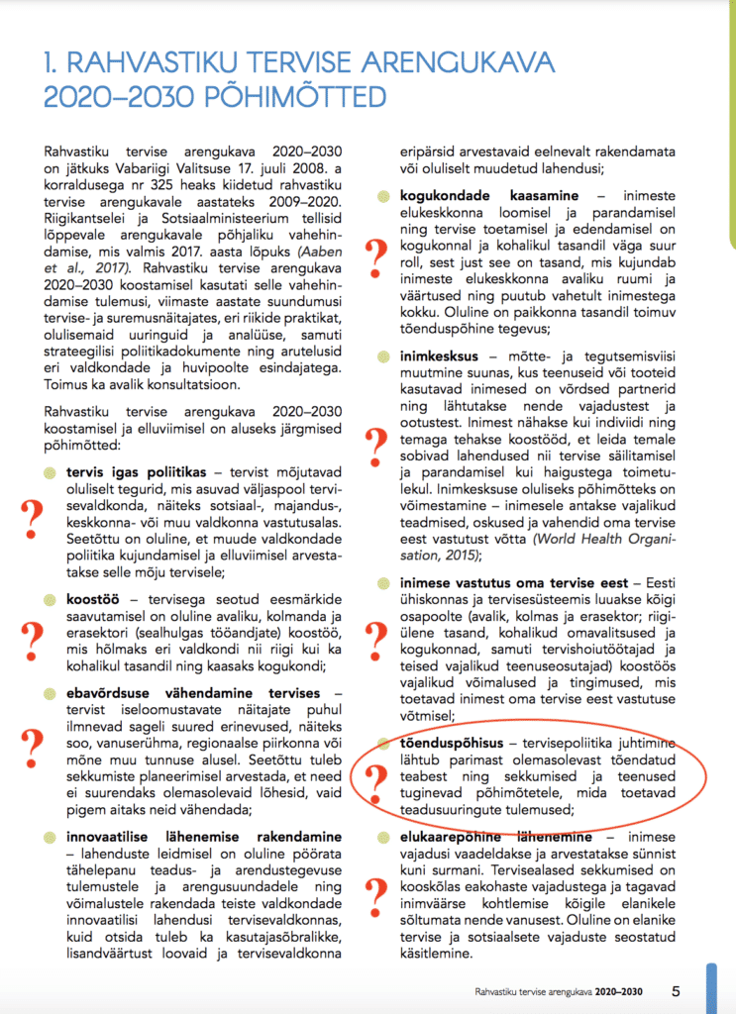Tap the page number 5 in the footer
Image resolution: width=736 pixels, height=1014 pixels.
coord(676,989)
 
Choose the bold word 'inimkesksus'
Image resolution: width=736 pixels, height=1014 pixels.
coord(439,355)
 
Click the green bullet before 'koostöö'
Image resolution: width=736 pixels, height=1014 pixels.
coord(52,600)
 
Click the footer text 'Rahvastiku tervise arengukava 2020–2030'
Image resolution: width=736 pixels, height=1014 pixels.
coord(561,990)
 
